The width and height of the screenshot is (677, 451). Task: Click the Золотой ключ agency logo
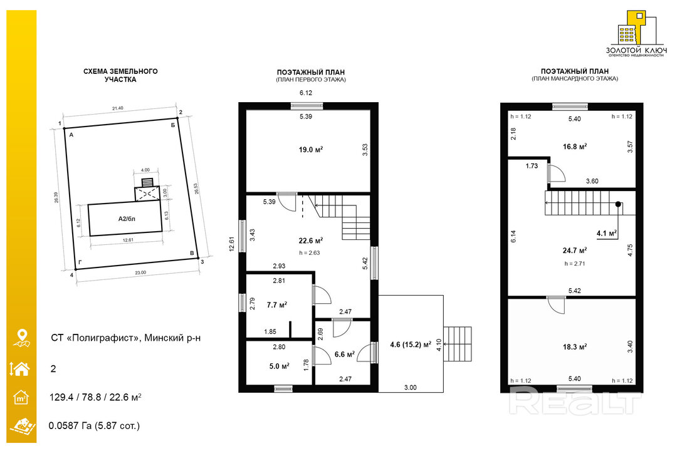tap(636, 34)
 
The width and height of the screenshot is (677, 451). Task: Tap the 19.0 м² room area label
tap(311, 150)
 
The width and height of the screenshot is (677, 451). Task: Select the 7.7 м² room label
tap(277, 304)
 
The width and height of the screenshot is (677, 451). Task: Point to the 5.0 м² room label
tap(280, 366)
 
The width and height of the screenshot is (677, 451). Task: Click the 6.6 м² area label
tap(345, 355)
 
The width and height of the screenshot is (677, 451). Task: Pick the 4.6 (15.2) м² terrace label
tap(411, 345)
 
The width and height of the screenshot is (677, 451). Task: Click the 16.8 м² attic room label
tap(575, 147)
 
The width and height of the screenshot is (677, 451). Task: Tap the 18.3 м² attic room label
tap(575, 347)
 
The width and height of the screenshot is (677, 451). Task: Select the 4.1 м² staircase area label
tap(607, 233)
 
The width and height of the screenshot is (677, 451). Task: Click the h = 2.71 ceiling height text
tap(575, 263)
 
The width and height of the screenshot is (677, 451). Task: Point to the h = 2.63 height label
tap(310, 253)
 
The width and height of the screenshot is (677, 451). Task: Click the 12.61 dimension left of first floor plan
tap(231, 244)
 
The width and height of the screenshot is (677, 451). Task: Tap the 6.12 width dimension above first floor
tap(306, 93)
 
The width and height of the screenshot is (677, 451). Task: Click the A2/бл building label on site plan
tap(127, 219)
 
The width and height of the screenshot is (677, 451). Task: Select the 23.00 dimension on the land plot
tap(140, 272)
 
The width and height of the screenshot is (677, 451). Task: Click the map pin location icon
tap(21, 338)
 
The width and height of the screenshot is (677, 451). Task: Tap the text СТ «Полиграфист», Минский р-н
tap(125, 338)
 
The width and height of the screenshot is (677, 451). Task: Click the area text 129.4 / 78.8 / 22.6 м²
tap(95, 397)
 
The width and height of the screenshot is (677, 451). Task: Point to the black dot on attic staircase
tap(618, 204)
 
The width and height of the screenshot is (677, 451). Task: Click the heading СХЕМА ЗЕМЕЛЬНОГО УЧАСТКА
tap(120, 75)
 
